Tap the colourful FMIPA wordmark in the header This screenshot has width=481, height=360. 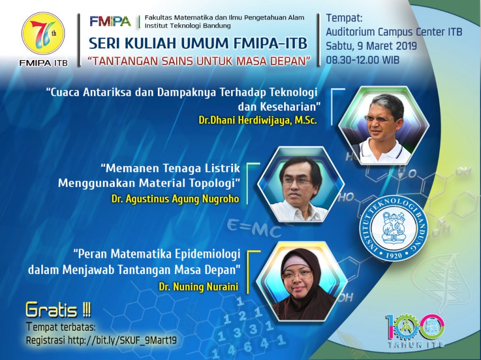pyautogui.click(x=110, y=21)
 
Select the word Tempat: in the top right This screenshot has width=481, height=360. pyautogui.click(x=344, y=18)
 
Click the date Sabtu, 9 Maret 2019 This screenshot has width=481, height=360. pyautogui.click(x=372, y=46)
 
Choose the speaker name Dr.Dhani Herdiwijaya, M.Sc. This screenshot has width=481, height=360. pyautogui.click(x=257, y=121)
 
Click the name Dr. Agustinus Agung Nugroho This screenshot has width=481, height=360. pyautogui.click(x=175, y=199)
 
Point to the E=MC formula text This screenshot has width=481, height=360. pyautogui.click(x=254, y=229)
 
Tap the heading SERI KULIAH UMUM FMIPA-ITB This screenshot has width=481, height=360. pyautogui.click(x=198, y=44)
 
